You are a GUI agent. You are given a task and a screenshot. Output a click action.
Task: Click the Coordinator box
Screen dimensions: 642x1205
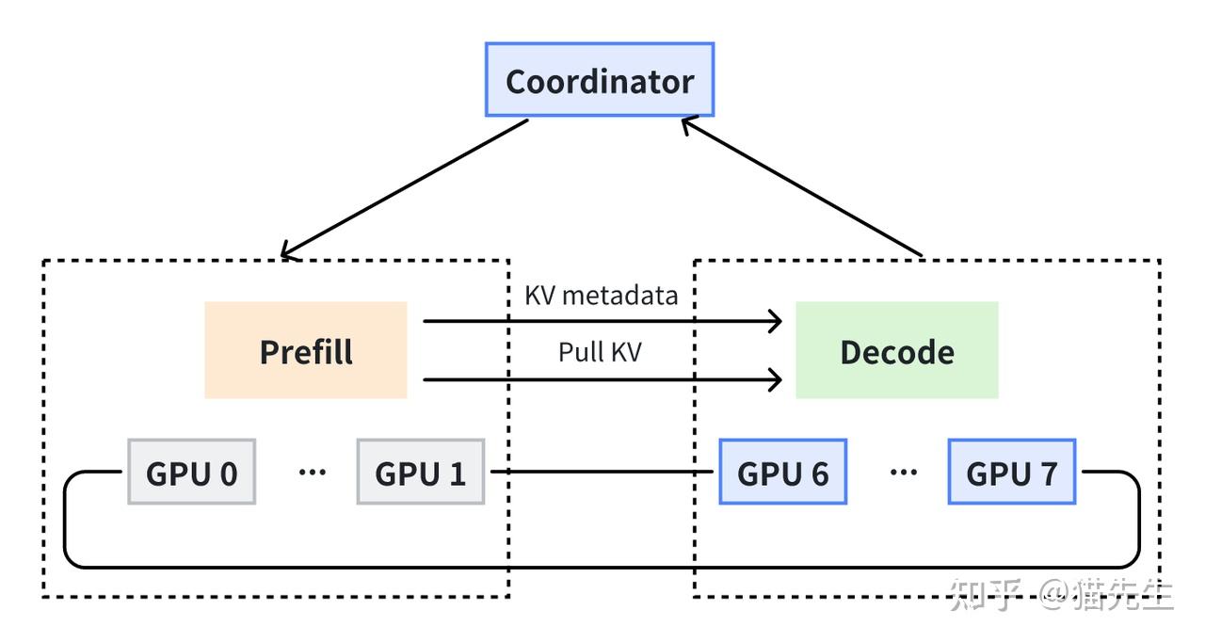600,80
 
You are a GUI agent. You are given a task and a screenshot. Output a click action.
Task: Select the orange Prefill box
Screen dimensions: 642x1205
306,350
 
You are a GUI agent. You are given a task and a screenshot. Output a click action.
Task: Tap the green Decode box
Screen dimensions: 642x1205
896,350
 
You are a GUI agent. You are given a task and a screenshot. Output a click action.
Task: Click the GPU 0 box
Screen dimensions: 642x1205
191,472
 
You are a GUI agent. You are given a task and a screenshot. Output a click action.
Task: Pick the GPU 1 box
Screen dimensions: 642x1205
420,472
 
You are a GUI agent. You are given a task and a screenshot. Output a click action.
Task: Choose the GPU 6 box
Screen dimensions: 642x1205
782,472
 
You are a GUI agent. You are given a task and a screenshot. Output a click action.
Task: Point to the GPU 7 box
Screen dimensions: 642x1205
1011,472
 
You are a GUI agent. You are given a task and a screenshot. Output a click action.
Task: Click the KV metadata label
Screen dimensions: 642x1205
601,295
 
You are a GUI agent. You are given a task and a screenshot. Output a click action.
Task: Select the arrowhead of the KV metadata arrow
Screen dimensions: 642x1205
776,321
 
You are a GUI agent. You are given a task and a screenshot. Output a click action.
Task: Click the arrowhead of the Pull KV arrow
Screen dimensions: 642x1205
776,379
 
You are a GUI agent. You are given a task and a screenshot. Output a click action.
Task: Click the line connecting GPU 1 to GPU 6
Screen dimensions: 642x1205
602,472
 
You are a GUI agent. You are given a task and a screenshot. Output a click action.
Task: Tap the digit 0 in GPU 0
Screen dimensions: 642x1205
228,473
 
